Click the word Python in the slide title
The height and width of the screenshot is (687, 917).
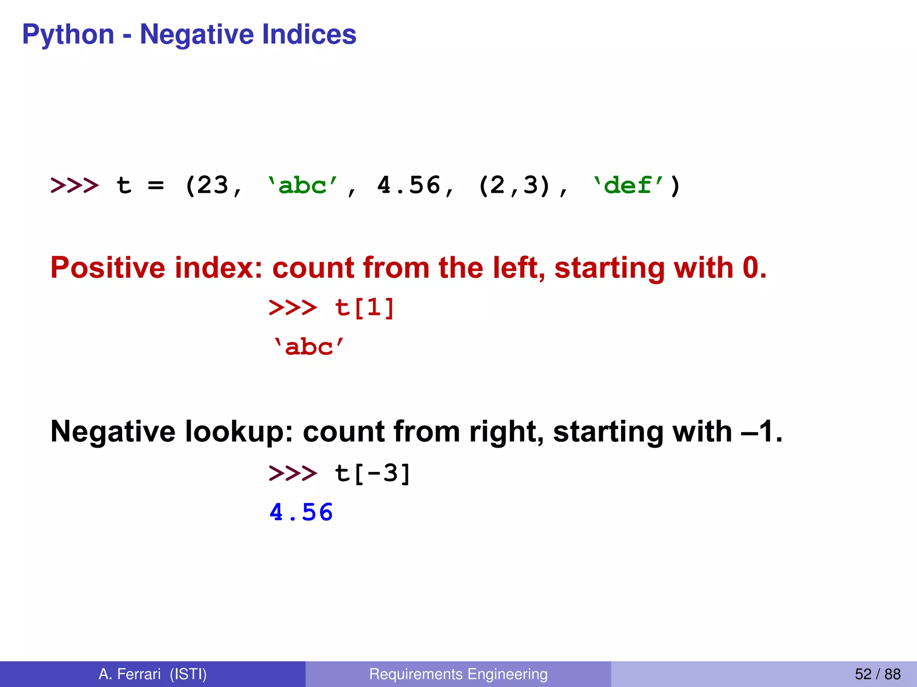click(68, 35)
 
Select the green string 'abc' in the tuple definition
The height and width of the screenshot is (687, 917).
click(302, 185)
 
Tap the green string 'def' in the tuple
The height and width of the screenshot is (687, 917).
click(628, 185)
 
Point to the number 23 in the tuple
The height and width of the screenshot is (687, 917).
click(213, 185)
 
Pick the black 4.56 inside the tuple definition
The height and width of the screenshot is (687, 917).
click(408, 185)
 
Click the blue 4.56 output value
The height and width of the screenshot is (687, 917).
click(301, 512)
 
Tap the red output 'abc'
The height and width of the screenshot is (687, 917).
click(309, 348)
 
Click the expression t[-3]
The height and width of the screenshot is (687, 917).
click(373, 473)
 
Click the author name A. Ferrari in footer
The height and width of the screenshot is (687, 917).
click(129, 674)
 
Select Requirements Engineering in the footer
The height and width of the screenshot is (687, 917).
click(458, 674)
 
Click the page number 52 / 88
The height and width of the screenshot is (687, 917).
click(877, 674)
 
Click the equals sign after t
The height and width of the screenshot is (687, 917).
click(155, 185)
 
